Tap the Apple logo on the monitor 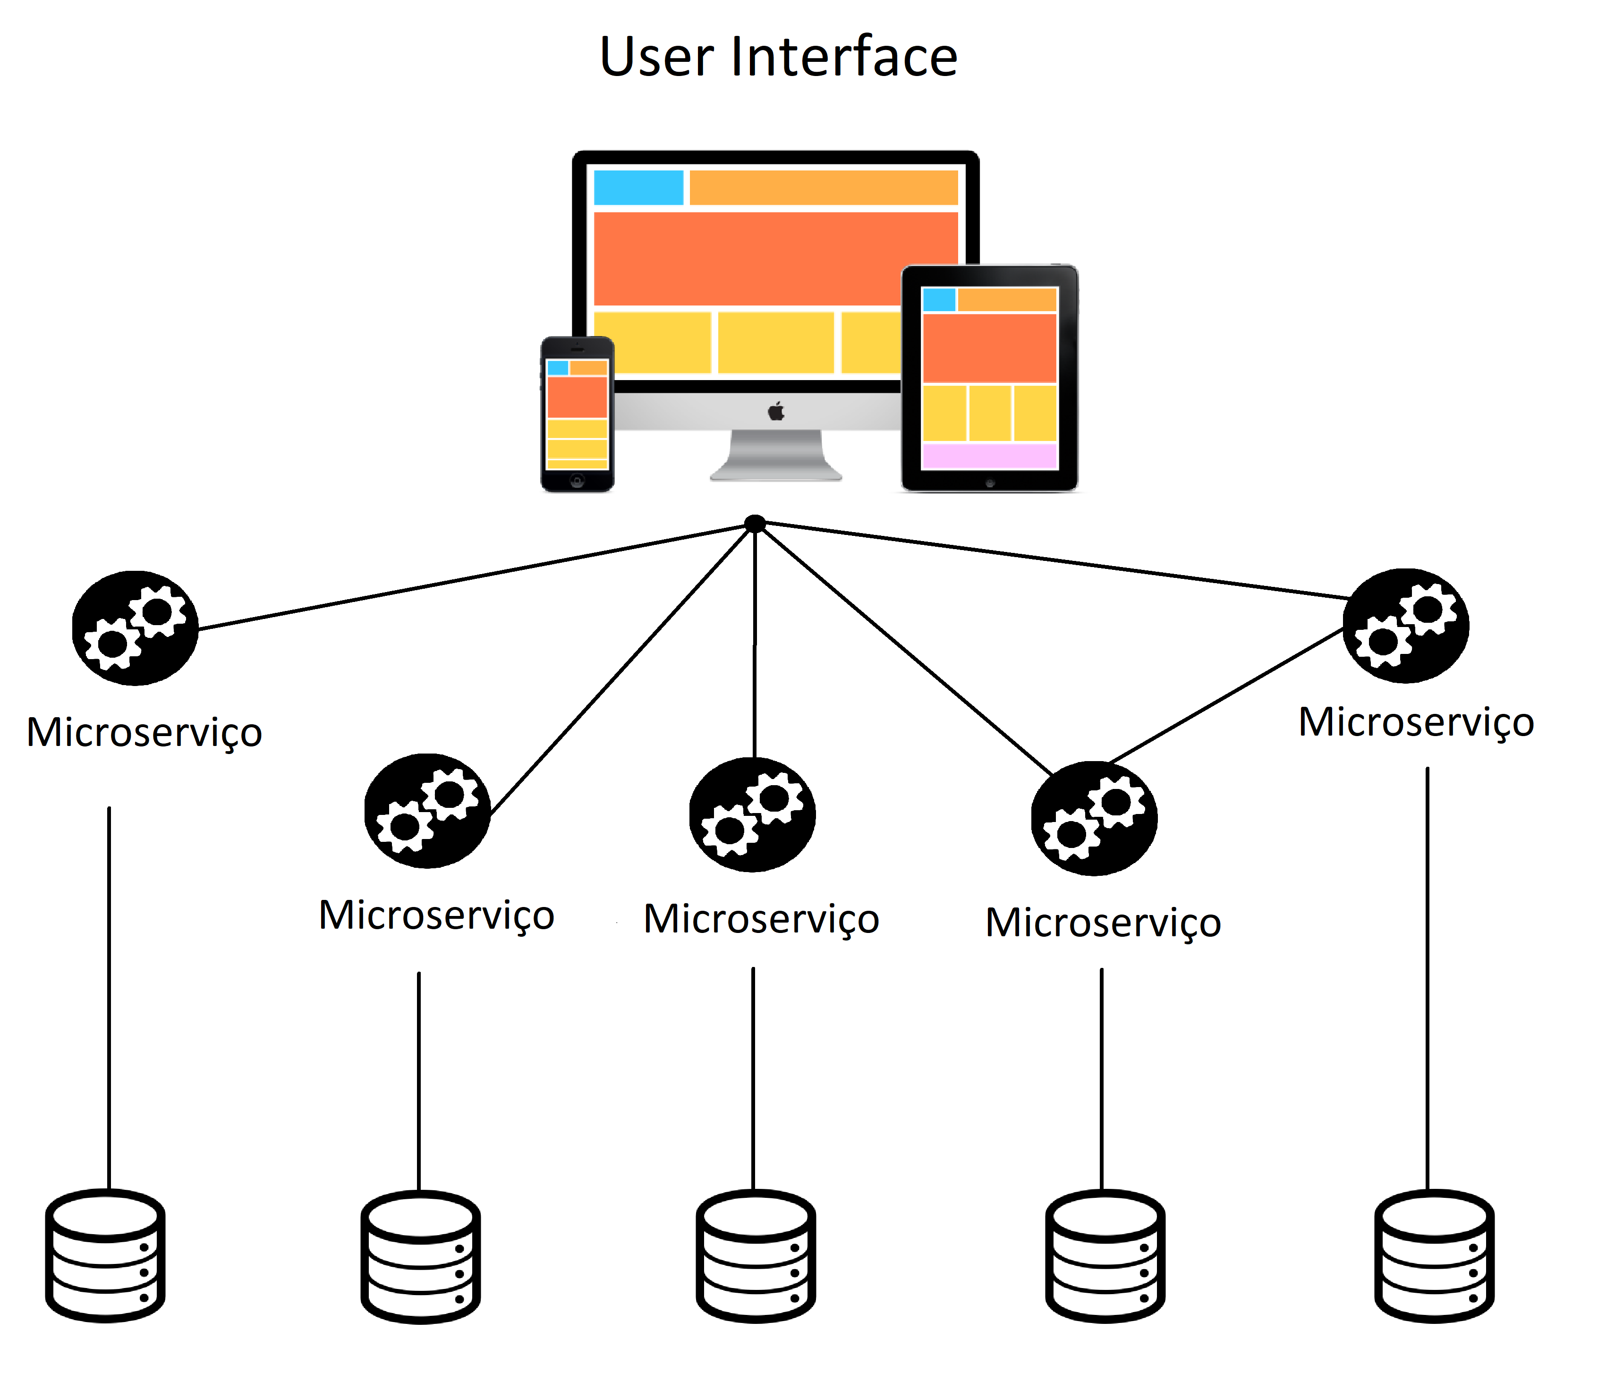776,411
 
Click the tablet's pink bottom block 989,456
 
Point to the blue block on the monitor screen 637,188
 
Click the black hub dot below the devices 755,525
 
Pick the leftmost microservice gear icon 135,628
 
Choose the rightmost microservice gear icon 1406,626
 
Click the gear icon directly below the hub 752,814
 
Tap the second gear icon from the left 427,811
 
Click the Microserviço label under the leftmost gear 144,732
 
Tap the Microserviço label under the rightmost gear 1417,722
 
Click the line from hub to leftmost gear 473,577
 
